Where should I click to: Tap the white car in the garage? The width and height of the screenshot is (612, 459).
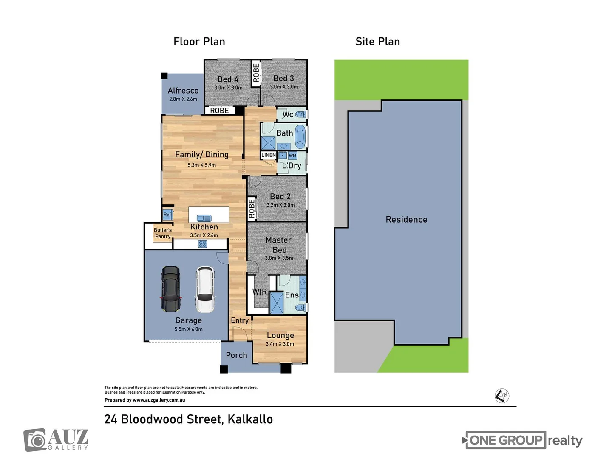[x=205, y=289]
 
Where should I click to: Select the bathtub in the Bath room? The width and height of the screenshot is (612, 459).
[x=300, y=136]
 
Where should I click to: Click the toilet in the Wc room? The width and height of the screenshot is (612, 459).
[x=300, y=114]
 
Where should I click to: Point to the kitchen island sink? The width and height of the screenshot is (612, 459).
[x=204, y=218]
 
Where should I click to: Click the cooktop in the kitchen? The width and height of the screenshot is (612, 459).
[x=203, y=244]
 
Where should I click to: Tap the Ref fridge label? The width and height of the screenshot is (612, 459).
[x=167, y=215]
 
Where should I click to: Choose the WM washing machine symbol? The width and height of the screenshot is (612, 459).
[x=292, y=156]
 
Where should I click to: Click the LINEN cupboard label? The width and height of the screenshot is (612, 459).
[x=268, y=155]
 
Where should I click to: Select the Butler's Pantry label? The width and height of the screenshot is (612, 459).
[x=163, y=233]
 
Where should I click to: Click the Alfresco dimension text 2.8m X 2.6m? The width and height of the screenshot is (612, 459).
[x=183, y=99]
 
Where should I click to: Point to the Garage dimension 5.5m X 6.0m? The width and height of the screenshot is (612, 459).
[x=188, y=329]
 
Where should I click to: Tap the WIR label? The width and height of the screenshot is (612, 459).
[x=260, y=292]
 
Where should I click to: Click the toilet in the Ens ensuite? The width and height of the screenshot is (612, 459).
[x=300, y=307]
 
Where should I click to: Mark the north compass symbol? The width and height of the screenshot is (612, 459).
[x=502, y=396]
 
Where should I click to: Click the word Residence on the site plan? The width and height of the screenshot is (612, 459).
[x=406, y=219]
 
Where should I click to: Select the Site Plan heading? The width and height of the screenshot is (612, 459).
[x=377, y=42]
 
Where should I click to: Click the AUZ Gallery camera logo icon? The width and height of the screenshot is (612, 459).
[x=35, y=440]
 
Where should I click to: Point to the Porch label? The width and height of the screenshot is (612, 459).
[x=236, y=355]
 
